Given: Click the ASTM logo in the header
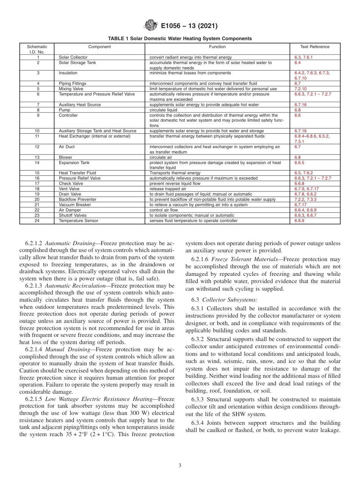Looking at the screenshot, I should point(151,26).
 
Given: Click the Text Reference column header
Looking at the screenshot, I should point(315,47).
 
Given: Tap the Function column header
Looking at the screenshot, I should point(217,47).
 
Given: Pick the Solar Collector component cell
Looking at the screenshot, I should point(73,58).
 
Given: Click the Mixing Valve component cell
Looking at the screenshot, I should point(71,89).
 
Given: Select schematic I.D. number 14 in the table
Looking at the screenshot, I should point(37,163).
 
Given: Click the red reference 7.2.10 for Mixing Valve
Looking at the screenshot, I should point(301,89).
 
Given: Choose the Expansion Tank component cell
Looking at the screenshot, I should point(74,163).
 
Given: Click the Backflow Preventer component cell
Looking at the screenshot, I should point(77,199).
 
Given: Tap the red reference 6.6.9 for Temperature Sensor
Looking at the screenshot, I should point(299,221).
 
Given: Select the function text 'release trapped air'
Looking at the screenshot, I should point(168,189).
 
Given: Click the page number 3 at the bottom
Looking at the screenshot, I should point(180,466).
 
